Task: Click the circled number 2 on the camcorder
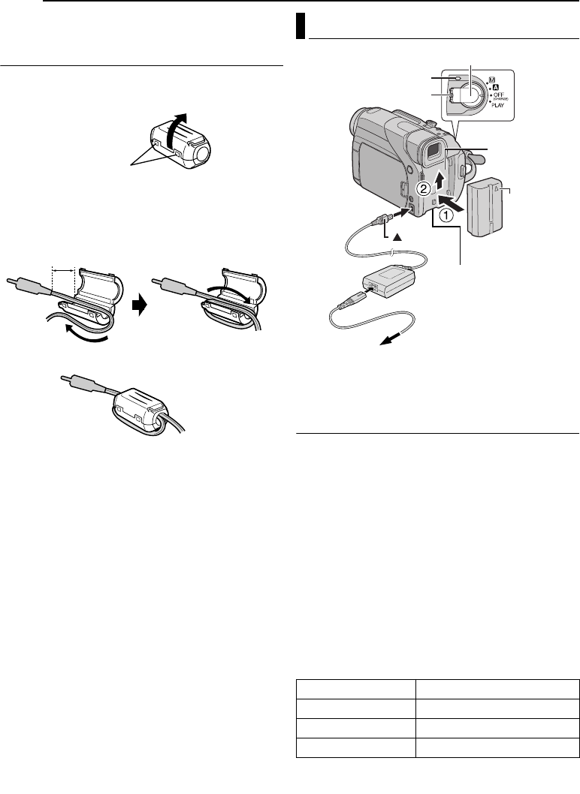click(x=424, y=189)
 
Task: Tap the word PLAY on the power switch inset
click(x=497, y=106)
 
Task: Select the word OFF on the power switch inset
click(x=498, y=95)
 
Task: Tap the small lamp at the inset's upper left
click(x=458, y=77)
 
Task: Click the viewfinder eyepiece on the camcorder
click(x=433, y=152)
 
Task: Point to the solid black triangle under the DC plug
click(x=397, y=237)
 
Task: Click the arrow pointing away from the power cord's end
click(x=391, y=338)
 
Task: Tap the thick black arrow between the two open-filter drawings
click(x=138, y=305)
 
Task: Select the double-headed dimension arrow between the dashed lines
click(x=63, y=272)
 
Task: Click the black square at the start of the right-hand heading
click(x=301, y=26)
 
